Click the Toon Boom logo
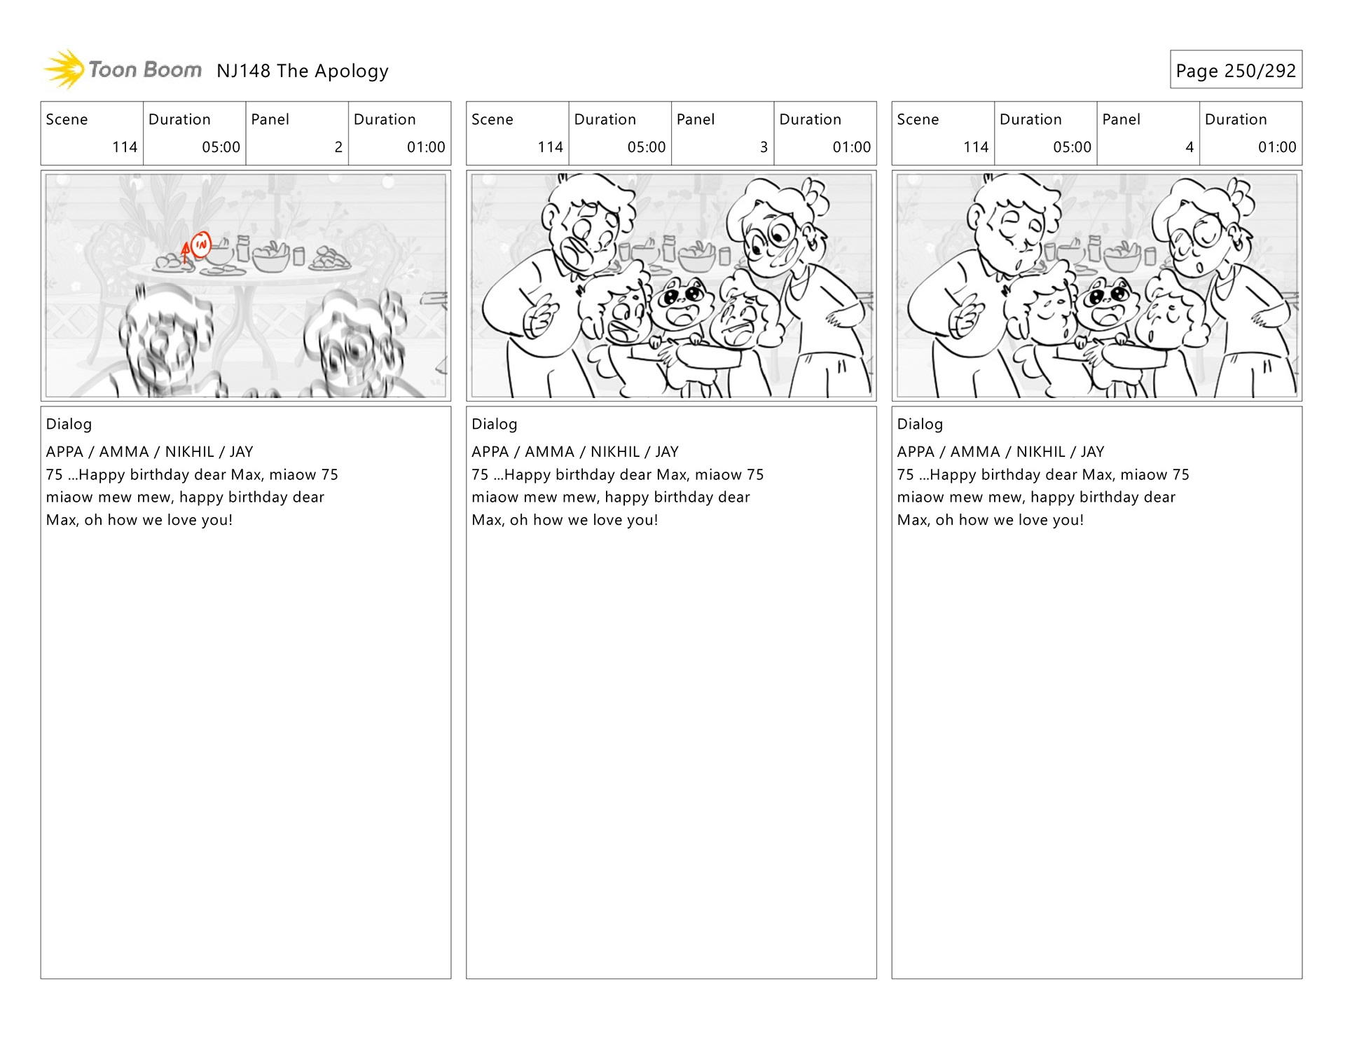click(123, 69)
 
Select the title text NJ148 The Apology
click(303, 71)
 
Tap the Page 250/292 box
click(1236, 69)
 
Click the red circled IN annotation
click(201, 244)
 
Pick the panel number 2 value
click(338, 147)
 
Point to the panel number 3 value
click(764, 147)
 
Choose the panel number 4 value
click(1189, 147)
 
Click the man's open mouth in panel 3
click(581, 252)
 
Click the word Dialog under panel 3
click(495, 424)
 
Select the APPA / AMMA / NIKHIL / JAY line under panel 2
click(150, 452)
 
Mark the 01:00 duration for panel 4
click(1277, 147)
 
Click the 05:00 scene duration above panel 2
click(221, 147)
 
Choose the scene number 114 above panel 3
click(551, 147)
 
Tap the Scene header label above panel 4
click(918, 120)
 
